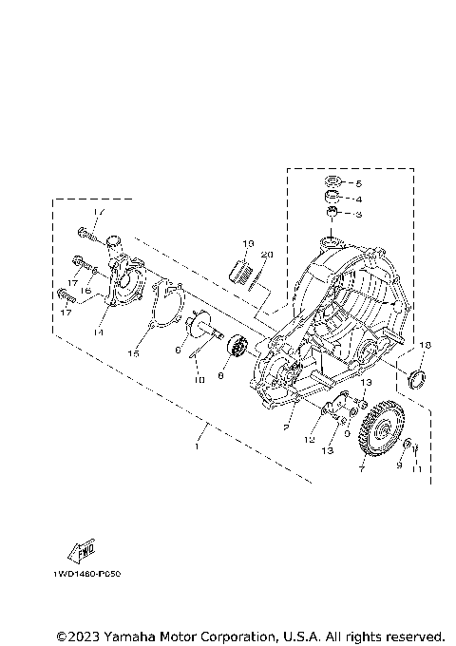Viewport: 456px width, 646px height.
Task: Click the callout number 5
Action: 359,182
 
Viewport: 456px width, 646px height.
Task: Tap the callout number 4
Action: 359,199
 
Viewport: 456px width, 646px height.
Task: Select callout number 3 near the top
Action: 359,217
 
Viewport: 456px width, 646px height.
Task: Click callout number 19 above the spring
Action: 247,244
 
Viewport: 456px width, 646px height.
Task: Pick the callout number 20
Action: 267,256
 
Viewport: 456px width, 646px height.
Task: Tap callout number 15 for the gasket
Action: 134,353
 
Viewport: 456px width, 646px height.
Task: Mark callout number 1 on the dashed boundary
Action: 197,444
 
